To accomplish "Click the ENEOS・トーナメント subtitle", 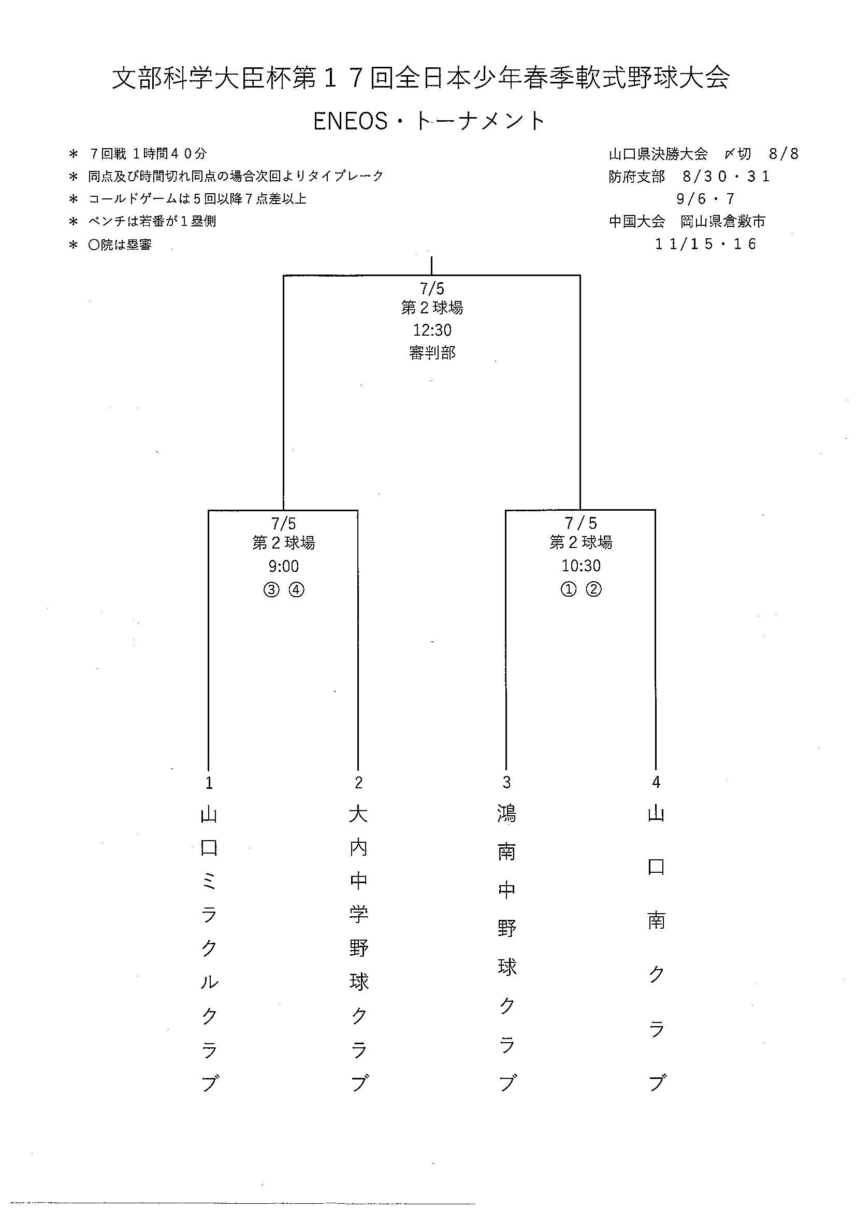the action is pos(429,121).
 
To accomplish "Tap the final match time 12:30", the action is pos(432,330).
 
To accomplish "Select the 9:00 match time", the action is pos(284,566).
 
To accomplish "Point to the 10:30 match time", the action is pos(581,566).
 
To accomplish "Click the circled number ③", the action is pos(271,589).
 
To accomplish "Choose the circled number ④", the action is pos(296,589).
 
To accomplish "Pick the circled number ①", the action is pos(568,589).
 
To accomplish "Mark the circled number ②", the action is pos(593,589).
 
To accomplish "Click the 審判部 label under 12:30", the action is pos(432,353).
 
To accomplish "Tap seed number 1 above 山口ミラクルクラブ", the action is pos(209,783).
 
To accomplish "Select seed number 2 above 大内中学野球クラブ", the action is pos(359,783).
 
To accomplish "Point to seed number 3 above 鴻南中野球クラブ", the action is pos(507,782).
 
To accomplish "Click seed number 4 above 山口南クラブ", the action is pos(656,782).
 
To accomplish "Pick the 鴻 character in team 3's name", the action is pos(507,814).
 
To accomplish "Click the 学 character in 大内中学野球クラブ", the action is pos(359,914).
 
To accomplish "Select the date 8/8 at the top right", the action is pos(784,153).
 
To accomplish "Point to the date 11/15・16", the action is pos(706,243).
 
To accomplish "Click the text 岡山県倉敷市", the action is pos(722,221).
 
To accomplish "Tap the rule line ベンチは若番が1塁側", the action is pos(152,221).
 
